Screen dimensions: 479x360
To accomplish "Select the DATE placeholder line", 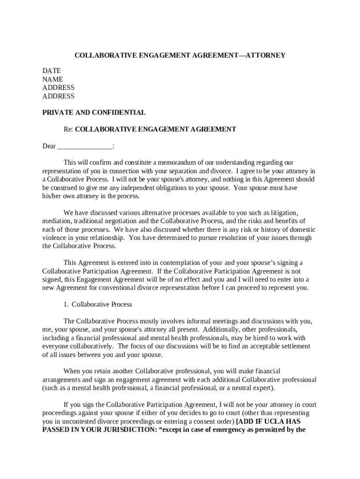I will [x=51, y=71].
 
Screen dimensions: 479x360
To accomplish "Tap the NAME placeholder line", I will [x=53, y=80].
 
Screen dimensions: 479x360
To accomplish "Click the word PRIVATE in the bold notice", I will [x=57, y=112].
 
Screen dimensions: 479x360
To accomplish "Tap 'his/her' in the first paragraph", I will [x=52, y=196].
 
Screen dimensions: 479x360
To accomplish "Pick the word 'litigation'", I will [x=283, y=213].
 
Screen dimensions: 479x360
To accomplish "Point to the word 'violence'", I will [x=53, y=238].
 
